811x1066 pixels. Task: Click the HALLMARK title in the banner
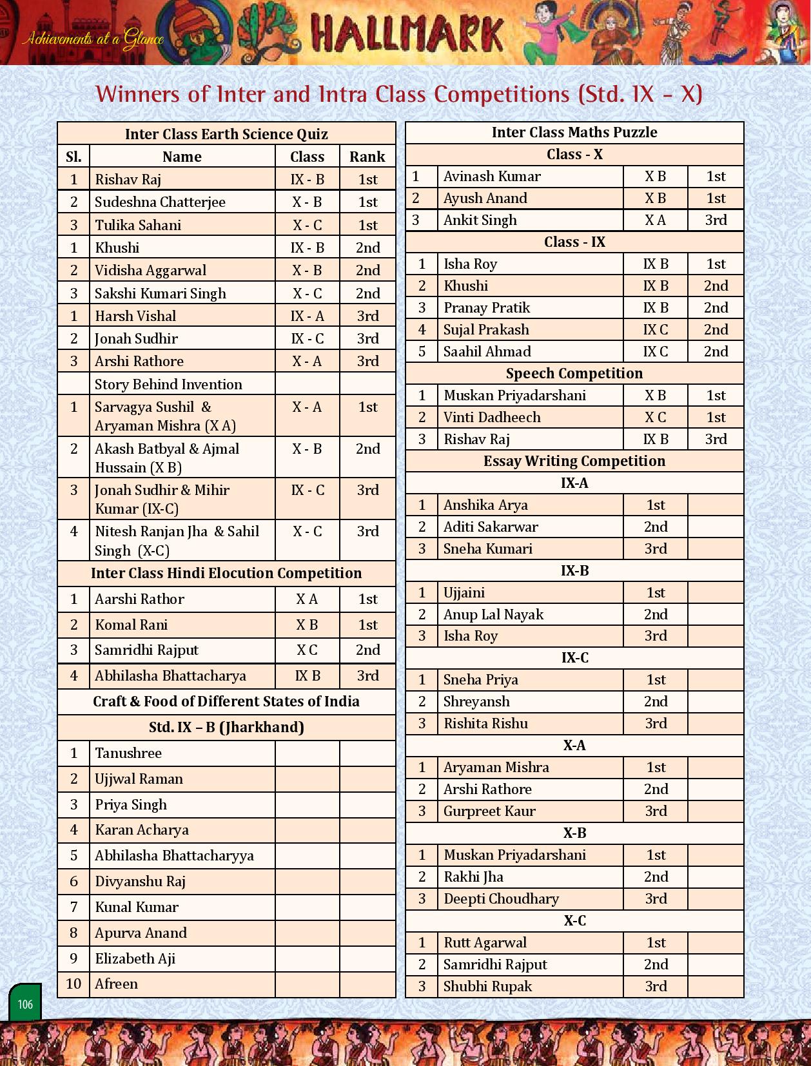click(x=407, y=34)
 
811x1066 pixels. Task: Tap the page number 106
click(x=25, y=1004)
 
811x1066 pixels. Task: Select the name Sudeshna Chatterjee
click(x=160, y=202)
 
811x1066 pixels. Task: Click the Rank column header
click(x=367, y=157)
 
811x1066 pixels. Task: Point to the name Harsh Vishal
click(x=135, y=316)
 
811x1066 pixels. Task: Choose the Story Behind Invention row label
click(x=168, y=385)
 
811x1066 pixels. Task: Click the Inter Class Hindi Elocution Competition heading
click(x=226, y=574)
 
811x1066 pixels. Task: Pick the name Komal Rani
click(x=132, y=625)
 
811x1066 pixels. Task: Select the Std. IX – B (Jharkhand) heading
click(x=226, y=728)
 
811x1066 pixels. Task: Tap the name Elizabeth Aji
click(x=135, y=959)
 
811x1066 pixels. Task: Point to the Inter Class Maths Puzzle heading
click(x=574, y=133)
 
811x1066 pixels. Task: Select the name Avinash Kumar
click(x=492, y=177)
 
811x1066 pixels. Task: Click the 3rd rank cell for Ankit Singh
click(x=716, y=220)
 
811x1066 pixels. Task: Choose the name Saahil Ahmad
click(x=487, y=352)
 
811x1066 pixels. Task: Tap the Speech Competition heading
click(x=574, y=374)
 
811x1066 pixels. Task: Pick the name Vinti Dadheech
click(x=492, y=418)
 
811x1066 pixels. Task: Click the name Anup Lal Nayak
click(x=493, y=615)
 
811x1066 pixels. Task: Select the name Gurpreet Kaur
click(x=489, y=811)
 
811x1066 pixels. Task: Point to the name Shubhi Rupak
click(x=488, y=987)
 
